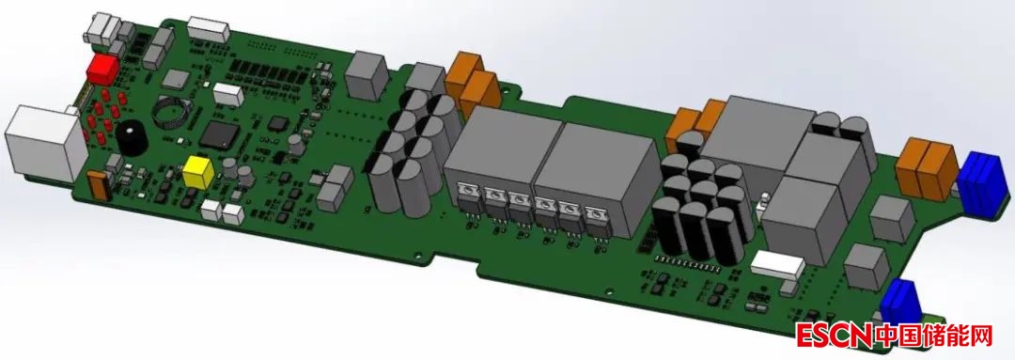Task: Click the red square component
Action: (x=102, y=70)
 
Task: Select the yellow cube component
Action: (x=198, y=172)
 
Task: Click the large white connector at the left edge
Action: (x=45, y=141)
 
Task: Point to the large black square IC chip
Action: (x=219, y=134)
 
